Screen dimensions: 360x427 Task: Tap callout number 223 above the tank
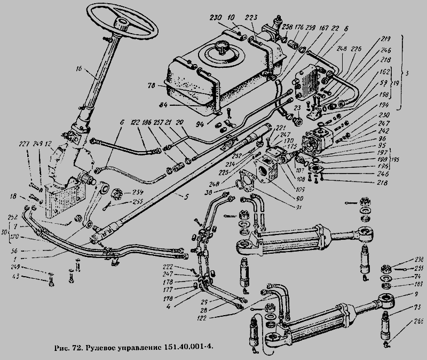coord(251,17)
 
